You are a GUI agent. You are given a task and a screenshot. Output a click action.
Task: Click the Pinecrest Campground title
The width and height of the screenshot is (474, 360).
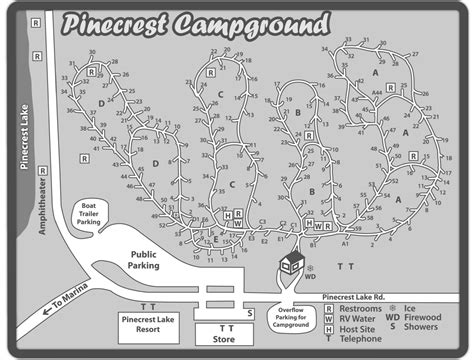pos(196,22)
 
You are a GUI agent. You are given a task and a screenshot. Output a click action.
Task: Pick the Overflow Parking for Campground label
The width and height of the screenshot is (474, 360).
pos(292,316)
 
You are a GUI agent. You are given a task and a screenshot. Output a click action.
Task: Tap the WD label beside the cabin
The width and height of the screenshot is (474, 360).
pos(310,278)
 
